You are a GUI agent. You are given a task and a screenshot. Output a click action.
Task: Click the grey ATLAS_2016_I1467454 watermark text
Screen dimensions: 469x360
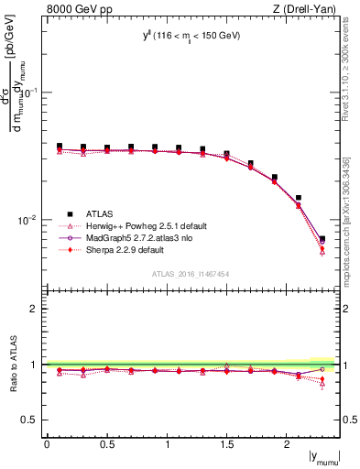coord(191,274)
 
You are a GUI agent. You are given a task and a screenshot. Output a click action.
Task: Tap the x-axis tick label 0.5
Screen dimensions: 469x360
coord(107,443)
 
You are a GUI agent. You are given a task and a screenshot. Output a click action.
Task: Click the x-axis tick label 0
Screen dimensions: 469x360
coord(47,443)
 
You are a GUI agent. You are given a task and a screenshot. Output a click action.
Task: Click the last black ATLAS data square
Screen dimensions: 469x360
coord(322,239)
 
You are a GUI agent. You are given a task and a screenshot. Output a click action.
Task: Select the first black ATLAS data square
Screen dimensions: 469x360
coord(60,146)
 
